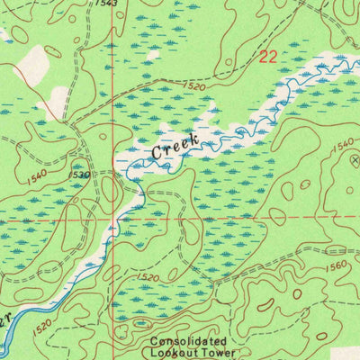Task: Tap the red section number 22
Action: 268,58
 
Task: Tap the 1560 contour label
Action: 335,266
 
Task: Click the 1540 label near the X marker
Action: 342,144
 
